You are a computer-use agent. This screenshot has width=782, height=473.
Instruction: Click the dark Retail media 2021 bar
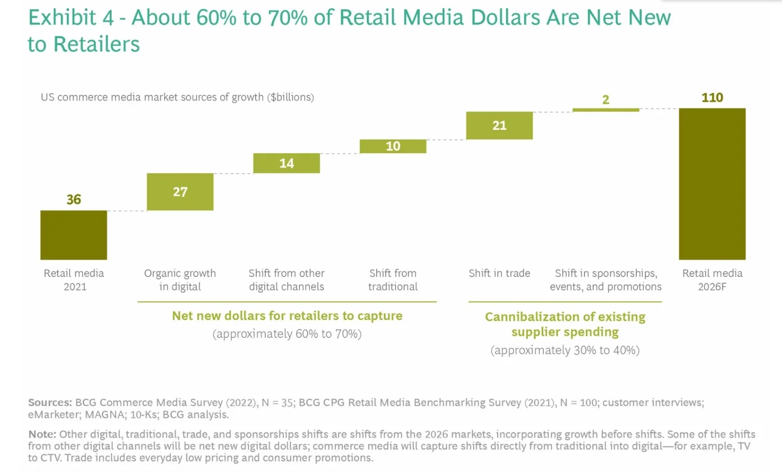click(74, 235)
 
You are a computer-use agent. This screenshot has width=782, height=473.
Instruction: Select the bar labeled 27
click(180, 192)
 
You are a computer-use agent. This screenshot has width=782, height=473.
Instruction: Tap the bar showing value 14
click(287, 163)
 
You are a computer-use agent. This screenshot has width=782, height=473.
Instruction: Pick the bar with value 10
click(393, 146)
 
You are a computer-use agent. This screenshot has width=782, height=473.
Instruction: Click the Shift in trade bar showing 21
click(499, 125)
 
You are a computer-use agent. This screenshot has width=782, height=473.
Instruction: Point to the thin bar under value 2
click(606, 110)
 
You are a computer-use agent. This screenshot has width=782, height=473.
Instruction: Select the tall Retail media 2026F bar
click(712, 184)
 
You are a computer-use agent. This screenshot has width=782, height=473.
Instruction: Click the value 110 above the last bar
click(712, 98)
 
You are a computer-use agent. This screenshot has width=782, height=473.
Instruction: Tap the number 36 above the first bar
click(74, 200)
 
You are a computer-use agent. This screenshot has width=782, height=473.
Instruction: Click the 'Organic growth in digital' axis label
click(180, 280)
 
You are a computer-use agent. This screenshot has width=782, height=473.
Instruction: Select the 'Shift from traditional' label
click(393, 280)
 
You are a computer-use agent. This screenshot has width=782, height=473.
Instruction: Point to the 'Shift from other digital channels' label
click(287, 280)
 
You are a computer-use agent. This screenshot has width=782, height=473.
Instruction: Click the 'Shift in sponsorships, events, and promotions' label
click(606, 280)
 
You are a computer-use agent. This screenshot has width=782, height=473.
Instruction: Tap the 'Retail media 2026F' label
click(712, 280)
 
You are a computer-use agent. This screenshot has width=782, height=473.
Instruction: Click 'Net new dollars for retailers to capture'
click(287, 316)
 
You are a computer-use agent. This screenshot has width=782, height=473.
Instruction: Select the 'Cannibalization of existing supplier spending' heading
click(565, 324)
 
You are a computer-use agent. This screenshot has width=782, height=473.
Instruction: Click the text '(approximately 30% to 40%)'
click(565, 350)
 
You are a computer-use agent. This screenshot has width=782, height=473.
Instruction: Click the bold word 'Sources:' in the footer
click(50, 403)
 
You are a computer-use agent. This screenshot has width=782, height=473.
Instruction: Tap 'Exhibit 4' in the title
click(71, 18)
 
